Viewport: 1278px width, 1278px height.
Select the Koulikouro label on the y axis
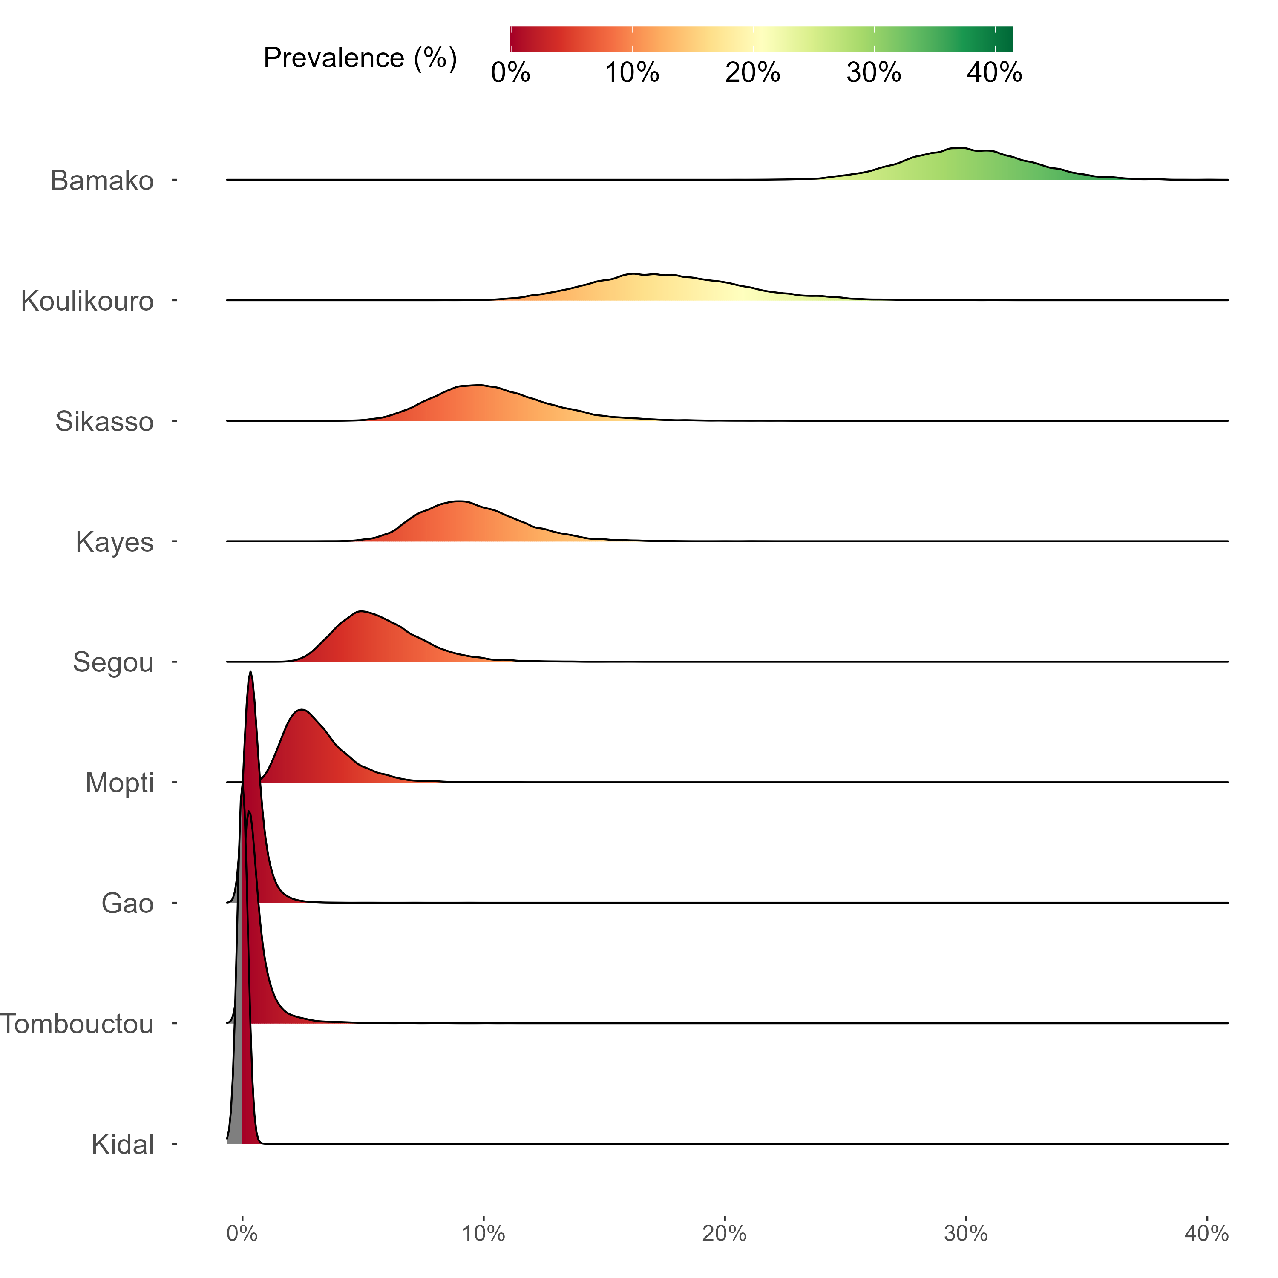coord(87,301)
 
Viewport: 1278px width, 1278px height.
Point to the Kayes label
coord(115,542)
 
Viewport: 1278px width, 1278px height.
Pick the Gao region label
coord(128,903)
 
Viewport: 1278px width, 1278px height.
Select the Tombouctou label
coord(77,1024)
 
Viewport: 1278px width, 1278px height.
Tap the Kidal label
coord(123,1144)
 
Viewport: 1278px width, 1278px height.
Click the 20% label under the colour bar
coord(753,73)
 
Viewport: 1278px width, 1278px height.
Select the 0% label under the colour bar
coord(511,73)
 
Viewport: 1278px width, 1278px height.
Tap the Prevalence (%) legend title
coord(360,58)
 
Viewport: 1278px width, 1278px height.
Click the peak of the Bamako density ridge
coord(961,148)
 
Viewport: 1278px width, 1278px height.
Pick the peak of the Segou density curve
coord(360,611)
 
